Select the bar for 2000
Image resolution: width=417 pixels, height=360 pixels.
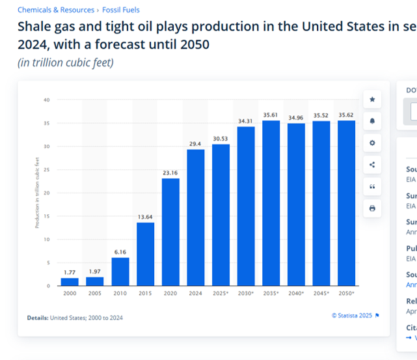tap(69, 282)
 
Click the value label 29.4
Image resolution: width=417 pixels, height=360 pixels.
tap(196, 143)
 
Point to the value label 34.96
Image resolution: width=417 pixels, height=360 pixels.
tap(296, 117)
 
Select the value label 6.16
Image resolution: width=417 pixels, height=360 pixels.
tap(120, 251)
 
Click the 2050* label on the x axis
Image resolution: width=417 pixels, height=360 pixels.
tap(347, 294)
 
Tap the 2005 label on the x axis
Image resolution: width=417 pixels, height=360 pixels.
tap(94, 294)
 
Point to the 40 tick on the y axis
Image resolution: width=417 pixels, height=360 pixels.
tap(47, 100)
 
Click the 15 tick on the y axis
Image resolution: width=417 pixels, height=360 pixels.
tap(47, 216)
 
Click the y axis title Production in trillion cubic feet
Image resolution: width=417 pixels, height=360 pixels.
tap(36, 193)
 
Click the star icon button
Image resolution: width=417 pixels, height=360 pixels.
tap(372, 99)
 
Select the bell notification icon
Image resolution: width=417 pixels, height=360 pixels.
tap(372, 121)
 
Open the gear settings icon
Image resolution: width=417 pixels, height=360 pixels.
tap(372, 143)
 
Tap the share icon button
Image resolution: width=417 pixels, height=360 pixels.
tap(372, 165)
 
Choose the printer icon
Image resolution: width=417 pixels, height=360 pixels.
tap(372, 208)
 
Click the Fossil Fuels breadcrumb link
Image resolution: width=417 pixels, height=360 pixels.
tap(120, 10)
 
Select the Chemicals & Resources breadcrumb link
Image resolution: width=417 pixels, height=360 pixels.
tap(56, 10)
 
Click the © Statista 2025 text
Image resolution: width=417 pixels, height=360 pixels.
tap(352, 316)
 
